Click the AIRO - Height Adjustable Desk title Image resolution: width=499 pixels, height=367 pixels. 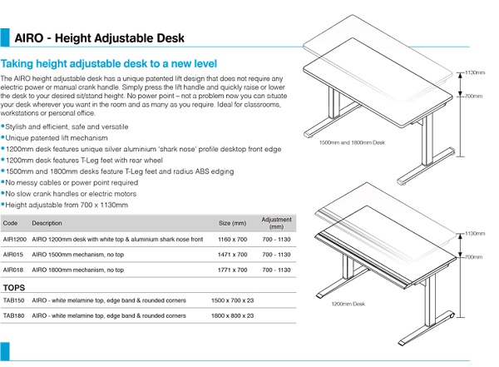(x=100, y=38)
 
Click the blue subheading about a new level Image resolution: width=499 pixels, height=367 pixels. (x=109, y=64)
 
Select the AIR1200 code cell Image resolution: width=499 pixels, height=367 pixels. (x=15, y=239)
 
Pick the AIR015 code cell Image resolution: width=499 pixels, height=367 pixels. (x=14, y=255)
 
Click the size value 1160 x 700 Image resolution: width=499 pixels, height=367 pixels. (x=232, y=239)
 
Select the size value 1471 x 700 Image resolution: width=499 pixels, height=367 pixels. (x=232, y=255)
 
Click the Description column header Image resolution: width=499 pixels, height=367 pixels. (x=47, y=223)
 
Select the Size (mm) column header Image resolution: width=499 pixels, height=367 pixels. (x=232, y=223)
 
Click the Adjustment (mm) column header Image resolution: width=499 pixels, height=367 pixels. (x=277, y=223)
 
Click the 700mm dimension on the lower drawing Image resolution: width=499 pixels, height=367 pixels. (x=473, y=257)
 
